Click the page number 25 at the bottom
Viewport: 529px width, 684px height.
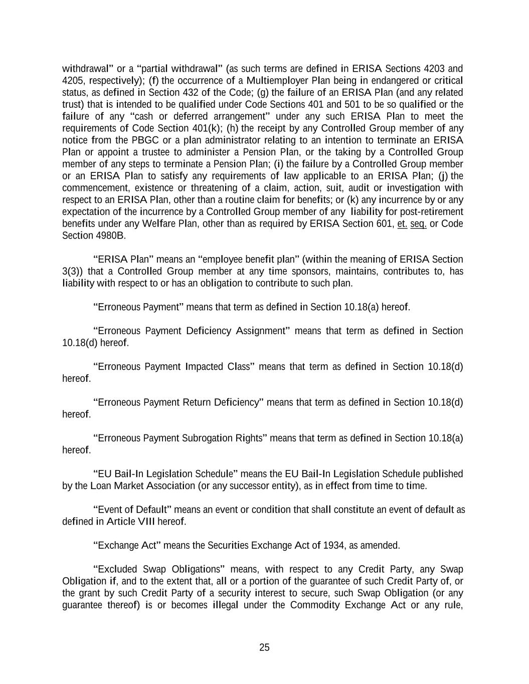tap(264, 647)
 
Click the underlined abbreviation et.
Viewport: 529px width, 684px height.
tap(402, 223)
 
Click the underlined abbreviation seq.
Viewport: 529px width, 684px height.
tap(418, 223)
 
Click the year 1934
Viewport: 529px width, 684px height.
tap(333, 546)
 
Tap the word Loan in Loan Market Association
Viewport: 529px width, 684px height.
tap(101, 486)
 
